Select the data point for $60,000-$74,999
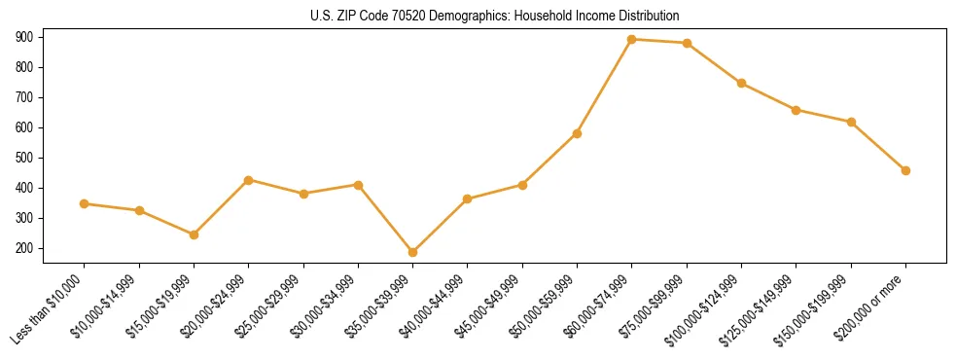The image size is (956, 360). click(x=632, y=40)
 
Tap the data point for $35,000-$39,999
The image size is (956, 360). click(x=413, y=252)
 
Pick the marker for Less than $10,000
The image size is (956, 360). click(x=85, y=203)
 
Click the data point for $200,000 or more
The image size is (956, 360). click(x=906, y=170)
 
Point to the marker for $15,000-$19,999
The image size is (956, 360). click(x=195, y=234)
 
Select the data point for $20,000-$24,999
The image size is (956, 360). click(x=249, y=180)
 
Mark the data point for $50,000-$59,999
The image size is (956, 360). click(x=578, y=133)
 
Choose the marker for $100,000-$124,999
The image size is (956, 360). click(x=742, y=84)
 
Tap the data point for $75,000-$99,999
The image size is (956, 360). click(x=688, y=43)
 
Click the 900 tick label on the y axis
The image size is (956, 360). click(x=25, y=37)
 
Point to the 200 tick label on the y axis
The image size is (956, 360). click(x=25, y=248)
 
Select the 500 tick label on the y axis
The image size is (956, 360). click(x=25, y=158)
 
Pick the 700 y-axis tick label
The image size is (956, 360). click(x=25, y=97)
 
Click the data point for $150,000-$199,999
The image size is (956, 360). click(x=852, y=122)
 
